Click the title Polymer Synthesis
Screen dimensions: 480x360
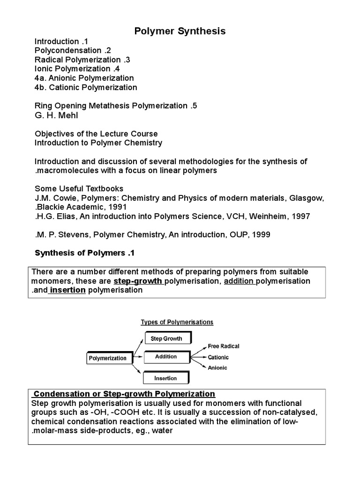(180, 31)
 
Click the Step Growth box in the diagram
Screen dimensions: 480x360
(166, 338)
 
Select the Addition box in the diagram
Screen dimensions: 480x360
(166, 357)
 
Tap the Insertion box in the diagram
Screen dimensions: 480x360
(166, 378)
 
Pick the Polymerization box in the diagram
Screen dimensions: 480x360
(107, 358)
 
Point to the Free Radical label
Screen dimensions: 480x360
(223, 346)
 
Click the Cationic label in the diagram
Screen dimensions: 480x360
(218, 357)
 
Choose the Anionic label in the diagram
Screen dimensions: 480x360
(217, 367)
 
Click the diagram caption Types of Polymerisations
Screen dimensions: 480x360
(177, 322)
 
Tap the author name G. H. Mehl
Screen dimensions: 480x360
(55, 115)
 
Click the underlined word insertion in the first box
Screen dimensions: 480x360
(67, 290)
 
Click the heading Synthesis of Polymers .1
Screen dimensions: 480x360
(85, 253)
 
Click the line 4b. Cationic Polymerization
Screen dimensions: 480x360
(86, 87)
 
